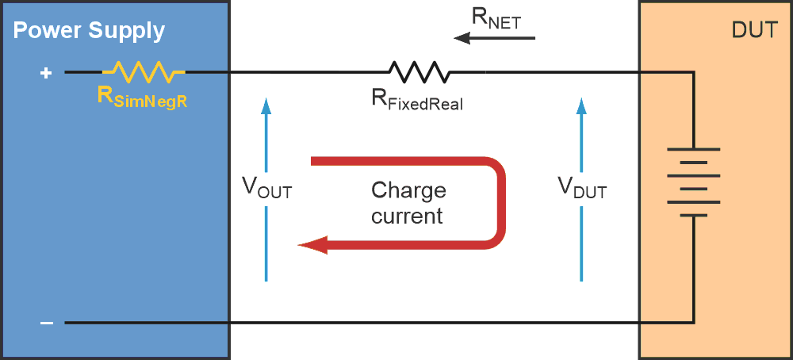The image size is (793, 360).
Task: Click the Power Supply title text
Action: tap(89, 32)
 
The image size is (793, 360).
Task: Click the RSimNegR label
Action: tap(141, 98)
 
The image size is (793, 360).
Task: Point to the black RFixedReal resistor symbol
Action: tap(418, 72)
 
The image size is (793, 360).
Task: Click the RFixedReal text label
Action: tap(417, 101)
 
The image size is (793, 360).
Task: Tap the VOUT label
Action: tap(266, 190)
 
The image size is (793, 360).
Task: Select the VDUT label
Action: tap(581, 188)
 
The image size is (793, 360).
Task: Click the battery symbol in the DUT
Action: tap(694, 182)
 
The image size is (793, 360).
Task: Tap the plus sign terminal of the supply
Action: tap(46, 73)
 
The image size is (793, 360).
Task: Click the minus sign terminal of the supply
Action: tap(47, 323)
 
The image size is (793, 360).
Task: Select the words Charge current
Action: tap(408, 203)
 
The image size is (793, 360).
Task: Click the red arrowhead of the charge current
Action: tap(312, 246)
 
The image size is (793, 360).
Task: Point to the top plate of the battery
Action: tap(694, 149)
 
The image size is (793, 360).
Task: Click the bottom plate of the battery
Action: tap(694, 215)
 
